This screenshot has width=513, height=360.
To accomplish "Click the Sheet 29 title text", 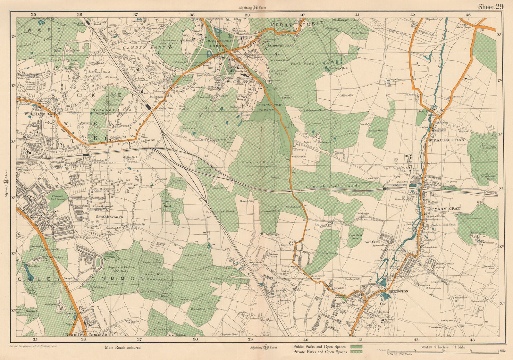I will click(x=490, y=7).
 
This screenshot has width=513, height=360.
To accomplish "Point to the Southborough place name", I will click(x=109, y=217).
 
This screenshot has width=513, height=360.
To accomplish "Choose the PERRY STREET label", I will click(x=298, y=24).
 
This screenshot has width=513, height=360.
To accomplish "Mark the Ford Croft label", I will click(x=372, y=242).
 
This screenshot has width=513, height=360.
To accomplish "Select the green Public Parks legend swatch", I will click(x=356, y=347).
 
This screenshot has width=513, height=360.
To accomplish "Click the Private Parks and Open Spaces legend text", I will click(x=320, y=352).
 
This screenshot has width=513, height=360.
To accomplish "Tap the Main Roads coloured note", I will click(x=122, y=347).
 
